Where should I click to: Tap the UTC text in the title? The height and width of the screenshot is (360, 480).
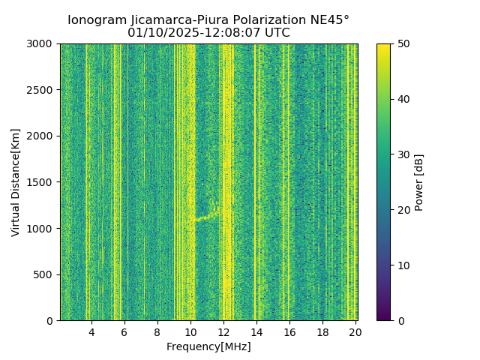(x=277, y=33)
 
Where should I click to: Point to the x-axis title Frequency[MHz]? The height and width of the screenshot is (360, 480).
(x=208, y=346)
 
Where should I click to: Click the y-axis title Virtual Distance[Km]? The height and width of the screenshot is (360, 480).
(x=16, y=182)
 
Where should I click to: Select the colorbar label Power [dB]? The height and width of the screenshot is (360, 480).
(x=419, y=182)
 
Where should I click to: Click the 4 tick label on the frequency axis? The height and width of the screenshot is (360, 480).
(x=91, y=332)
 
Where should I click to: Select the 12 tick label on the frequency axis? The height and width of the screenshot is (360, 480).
(x=223, y=332)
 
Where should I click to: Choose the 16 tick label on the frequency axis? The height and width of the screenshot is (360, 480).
(x=289, y=332)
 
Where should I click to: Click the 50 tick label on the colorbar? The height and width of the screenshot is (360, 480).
(x=403, y=44)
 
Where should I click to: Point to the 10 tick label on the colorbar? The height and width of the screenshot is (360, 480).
(x=403, y=265)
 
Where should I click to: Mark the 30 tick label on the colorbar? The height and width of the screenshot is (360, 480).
(x=403, y=154)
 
